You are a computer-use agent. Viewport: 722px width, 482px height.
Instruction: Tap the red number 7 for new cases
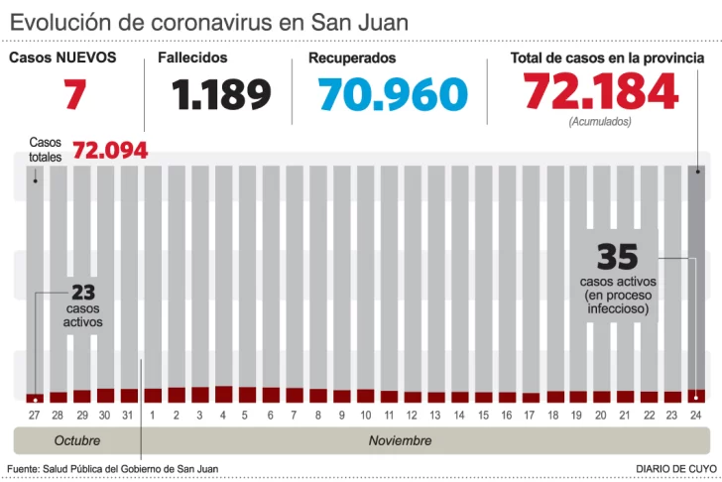pyautogui.click(x=74, y=95)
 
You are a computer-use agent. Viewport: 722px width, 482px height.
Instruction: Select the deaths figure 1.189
pyautogui.click(x=221, y=95)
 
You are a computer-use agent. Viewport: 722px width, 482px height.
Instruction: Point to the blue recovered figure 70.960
pyautogui.click(x=393, y=95)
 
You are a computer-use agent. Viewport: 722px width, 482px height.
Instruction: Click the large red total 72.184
pyautogui.click(x=601, y=92)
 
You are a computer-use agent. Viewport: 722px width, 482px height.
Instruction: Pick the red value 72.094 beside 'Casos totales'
pyautogui.click(x=110, y=151)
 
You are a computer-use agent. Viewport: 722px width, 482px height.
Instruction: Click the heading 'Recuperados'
pyautogui.click(x=352, y=59)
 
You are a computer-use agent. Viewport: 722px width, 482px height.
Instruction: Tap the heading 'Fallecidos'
pyautogui.click(x=192, y=59)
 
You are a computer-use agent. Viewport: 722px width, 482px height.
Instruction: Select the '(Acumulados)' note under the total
pyautogui.click(x=600, y=122)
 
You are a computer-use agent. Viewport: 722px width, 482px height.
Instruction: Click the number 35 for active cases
pyautogui.click(x=616, y=258)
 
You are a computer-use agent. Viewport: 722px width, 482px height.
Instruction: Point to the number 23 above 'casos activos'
pyautogui.click(x=83, y=294)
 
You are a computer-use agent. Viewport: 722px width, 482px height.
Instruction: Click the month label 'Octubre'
pyautogui.click(x=77, y=440)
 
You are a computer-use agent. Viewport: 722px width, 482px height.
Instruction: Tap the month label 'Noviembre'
pyautogui.click(x=401, y=440)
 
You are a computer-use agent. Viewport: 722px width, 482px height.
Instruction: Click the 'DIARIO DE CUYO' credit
pyautogui.click(x=677, y=468)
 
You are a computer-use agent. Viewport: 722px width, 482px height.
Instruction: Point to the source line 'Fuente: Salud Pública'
pyautogui.click(x=112, y=468)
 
